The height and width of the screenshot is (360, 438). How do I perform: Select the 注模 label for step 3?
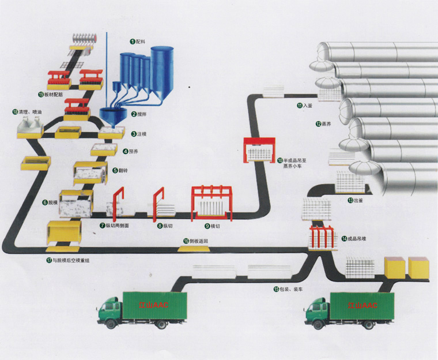[140, 134]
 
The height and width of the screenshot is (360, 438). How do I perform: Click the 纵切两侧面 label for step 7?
[117, 226]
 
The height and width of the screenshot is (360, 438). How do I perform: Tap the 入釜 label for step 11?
[309, 106]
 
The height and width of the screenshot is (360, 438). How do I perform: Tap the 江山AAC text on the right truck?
[362, 304]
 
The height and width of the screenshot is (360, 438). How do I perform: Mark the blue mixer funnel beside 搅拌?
[111, 114]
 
